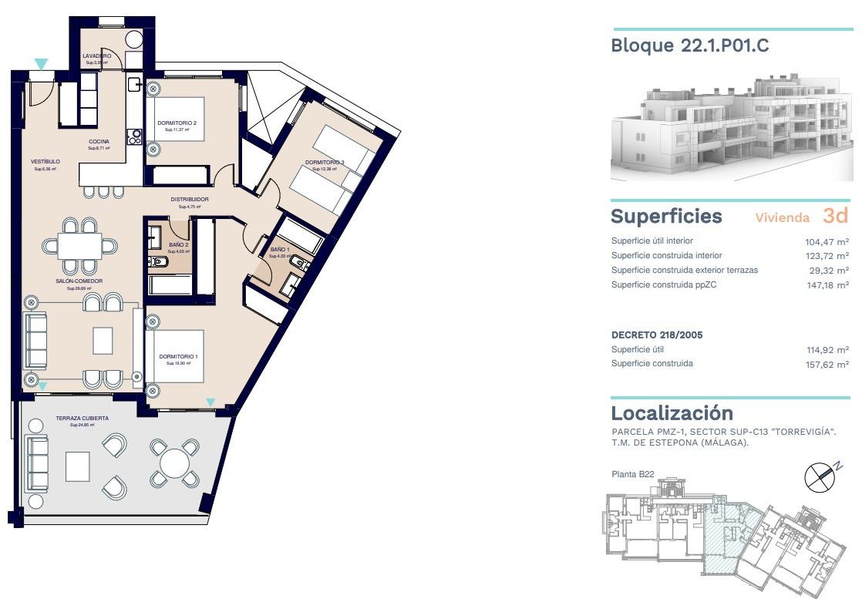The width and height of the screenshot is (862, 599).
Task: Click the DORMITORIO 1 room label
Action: tap(179, 356)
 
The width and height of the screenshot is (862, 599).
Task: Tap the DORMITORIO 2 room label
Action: tap(177, 123)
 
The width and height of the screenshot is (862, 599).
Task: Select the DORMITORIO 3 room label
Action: tap(325, 163)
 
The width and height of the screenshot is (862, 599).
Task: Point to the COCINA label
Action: tap(99, 141)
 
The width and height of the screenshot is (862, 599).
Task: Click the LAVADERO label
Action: tap(97, 56)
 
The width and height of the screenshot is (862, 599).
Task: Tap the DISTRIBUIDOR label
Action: tap(189, 200)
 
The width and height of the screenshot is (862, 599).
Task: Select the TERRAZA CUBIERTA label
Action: tap(82, 418)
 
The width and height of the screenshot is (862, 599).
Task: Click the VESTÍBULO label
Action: tap(45, 161)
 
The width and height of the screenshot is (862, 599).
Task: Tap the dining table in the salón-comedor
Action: tap(79, 246)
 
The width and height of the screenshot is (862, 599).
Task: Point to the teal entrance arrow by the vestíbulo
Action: tap(41, 64)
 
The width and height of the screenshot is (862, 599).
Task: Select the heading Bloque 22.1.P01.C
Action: tap(689, 45)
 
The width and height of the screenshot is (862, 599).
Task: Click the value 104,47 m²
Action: tap(827, 241)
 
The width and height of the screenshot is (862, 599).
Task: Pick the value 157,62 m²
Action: tap(827, 364)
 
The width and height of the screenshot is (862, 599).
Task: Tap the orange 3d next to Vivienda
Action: tap(835, 215)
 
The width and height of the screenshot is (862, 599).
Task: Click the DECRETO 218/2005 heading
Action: tap(657, 335)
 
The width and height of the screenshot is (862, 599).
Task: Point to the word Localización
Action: tap(672, 412)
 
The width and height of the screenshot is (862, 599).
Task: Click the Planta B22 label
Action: tap(632, 474)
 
